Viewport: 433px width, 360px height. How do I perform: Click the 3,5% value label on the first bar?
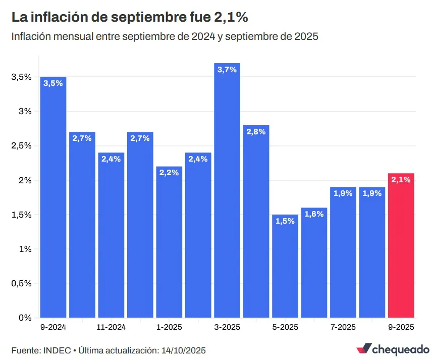(x=53, y=84)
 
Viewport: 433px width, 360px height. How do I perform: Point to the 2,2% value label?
(x=169, y=173)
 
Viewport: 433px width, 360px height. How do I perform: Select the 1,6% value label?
(x=314, y=214)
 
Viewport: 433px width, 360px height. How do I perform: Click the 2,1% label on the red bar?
(x=401, y=180)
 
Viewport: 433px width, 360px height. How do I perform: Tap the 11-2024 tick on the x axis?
(x=111, y=327)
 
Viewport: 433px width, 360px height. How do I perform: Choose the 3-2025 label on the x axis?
(x=227, y=327)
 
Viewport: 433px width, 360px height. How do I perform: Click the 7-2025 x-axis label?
(x=343, y=327)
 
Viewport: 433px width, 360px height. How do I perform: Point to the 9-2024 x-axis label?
(x=53, y=327)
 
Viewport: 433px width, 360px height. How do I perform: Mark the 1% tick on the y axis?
(x=25, y=249)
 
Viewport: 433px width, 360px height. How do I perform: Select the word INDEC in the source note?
(x=58, y=350)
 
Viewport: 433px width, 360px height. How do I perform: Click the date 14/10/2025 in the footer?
(x=183, y=350)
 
